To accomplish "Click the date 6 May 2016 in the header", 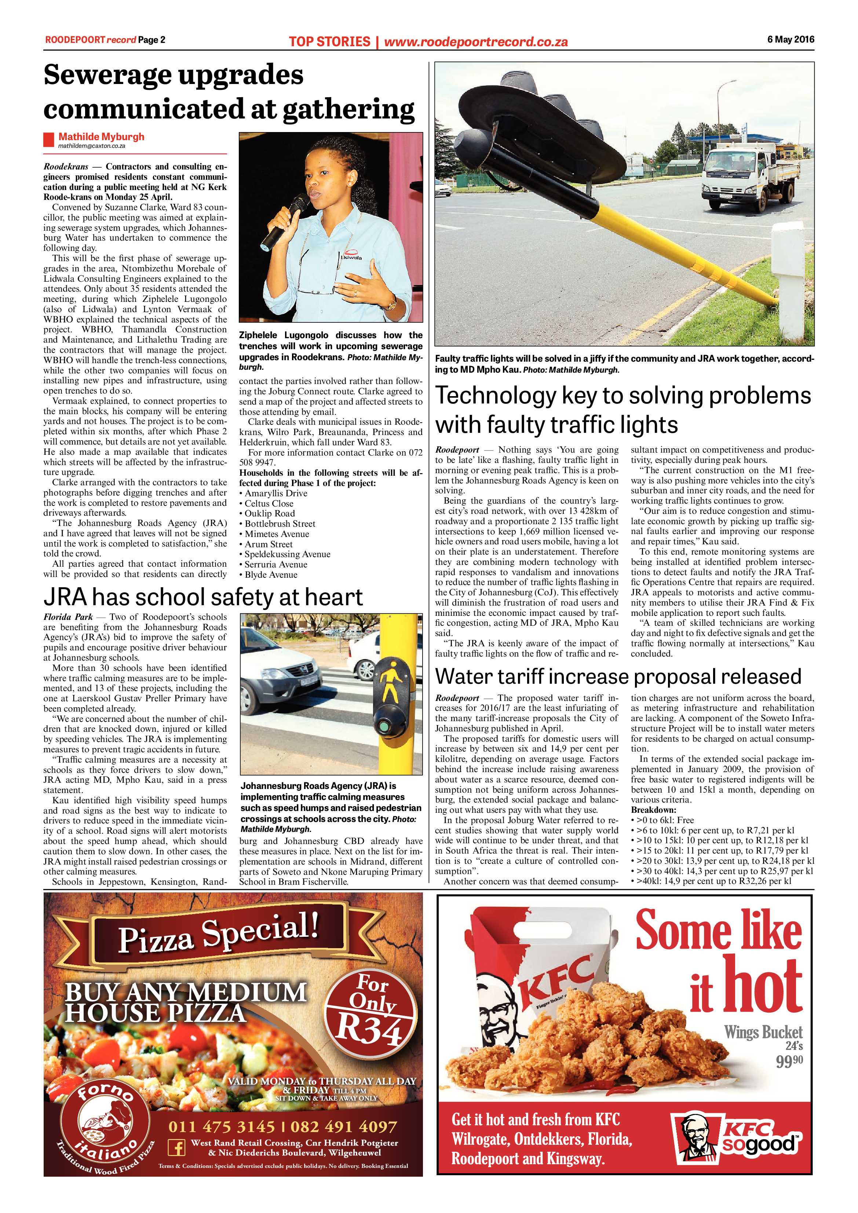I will pyautogui.click(x=791, y=39).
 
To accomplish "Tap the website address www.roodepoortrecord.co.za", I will pyautogui.click(x=475, y=41).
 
